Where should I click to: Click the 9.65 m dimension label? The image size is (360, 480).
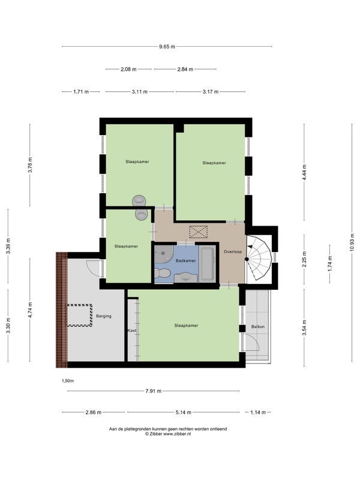click(167, 47)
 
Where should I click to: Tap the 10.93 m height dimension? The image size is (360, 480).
click(352, 242)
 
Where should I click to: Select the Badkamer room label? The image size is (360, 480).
click(185, 261)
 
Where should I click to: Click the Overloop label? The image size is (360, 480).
click(233, 251)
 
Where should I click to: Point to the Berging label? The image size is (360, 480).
click(104, 316)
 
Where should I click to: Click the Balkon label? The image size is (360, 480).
click(258, 326)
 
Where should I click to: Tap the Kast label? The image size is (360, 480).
click(132, 331)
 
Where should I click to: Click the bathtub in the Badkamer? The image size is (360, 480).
click(207, 265)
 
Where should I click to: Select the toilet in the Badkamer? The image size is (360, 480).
click(163, 273)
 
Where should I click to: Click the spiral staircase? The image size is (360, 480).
click(259, 258)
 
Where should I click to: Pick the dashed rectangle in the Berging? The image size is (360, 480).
click(79, 316)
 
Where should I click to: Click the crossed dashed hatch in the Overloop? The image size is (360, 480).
click(199, 232)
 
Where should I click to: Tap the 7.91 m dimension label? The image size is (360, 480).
click(154, 391)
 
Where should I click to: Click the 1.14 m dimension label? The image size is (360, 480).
click(258, 412)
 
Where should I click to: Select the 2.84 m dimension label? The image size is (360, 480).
click(185, 69)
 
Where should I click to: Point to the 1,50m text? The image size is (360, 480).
click(68, 381)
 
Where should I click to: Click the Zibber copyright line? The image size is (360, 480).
click(168, 434)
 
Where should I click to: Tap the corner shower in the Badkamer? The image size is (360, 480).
click(163, 254)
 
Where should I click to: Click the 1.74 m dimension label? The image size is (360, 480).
click(330, 263)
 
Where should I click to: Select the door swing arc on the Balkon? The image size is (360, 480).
click(253, 342)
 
